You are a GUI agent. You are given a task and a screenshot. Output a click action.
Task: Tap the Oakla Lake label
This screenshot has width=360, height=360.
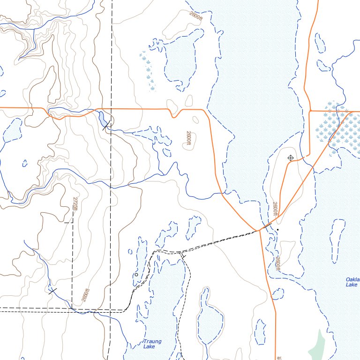(352, 282)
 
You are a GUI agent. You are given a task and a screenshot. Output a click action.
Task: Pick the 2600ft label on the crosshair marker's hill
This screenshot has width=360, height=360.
(275, 209)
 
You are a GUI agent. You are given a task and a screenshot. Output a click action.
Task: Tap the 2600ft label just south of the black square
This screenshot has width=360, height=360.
(278, 264)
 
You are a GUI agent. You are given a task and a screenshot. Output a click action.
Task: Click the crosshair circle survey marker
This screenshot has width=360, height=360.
(290, 158)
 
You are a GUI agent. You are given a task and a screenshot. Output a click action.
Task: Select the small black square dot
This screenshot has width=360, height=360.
(277, 230)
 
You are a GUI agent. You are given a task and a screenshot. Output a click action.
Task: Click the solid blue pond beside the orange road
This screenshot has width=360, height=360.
(102, 120)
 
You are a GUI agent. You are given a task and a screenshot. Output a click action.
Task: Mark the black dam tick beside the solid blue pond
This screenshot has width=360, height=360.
(106, 125)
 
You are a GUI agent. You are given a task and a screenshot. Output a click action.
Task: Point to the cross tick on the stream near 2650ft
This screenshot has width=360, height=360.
(52, 291)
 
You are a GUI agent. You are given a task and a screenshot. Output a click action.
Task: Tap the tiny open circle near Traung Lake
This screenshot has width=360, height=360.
(136, 275)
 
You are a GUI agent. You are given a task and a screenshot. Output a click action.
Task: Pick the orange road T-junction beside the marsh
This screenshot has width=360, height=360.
(310, 111)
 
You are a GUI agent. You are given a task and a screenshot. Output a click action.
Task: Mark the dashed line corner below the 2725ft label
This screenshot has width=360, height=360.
(72, 222)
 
